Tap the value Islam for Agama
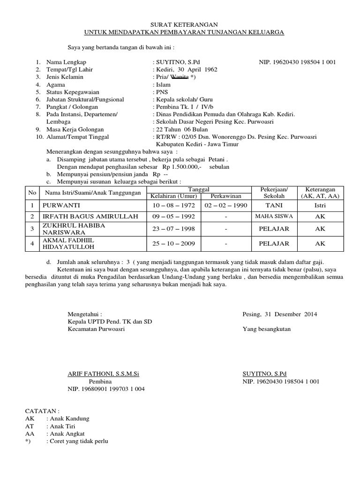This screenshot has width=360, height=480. [164, 85]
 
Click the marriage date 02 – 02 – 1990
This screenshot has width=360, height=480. [226, 205]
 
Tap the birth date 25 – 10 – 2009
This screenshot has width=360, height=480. [173, 244]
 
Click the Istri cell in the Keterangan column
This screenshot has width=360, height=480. [320, 205]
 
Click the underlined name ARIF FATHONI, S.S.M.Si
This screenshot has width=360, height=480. [104, 374]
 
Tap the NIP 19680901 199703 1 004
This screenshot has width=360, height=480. [107, 389]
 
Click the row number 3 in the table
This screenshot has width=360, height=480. [32, 229]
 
